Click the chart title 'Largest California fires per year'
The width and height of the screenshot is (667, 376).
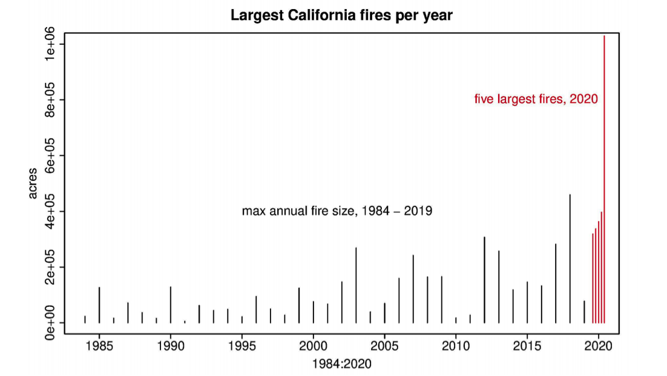[341, 16]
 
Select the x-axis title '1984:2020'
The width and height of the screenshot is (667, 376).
[341, 364]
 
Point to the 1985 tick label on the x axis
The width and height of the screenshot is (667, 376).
[99, 347]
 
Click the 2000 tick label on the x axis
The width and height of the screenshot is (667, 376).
[313, 347]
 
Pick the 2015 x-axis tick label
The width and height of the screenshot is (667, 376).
[527, 347]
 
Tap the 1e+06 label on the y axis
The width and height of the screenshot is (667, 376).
[50, 44]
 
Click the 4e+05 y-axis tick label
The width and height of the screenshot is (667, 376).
[50, 211]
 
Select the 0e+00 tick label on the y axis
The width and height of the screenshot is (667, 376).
[50, 323]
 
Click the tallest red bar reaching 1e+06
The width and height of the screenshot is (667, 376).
[604, 182]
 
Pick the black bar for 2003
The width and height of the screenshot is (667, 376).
[356, 285]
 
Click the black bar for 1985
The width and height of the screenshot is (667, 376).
[99, 305]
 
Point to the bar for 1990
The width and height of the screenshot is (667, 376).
[171, 305]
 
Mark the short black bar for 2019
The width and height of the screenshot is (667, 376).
[584, 312]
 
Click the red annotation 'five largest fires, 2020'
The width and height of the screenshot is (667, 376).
[536, 99]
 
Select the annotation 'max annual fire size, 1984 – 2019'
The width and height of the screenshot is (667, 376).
[337, 211]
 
